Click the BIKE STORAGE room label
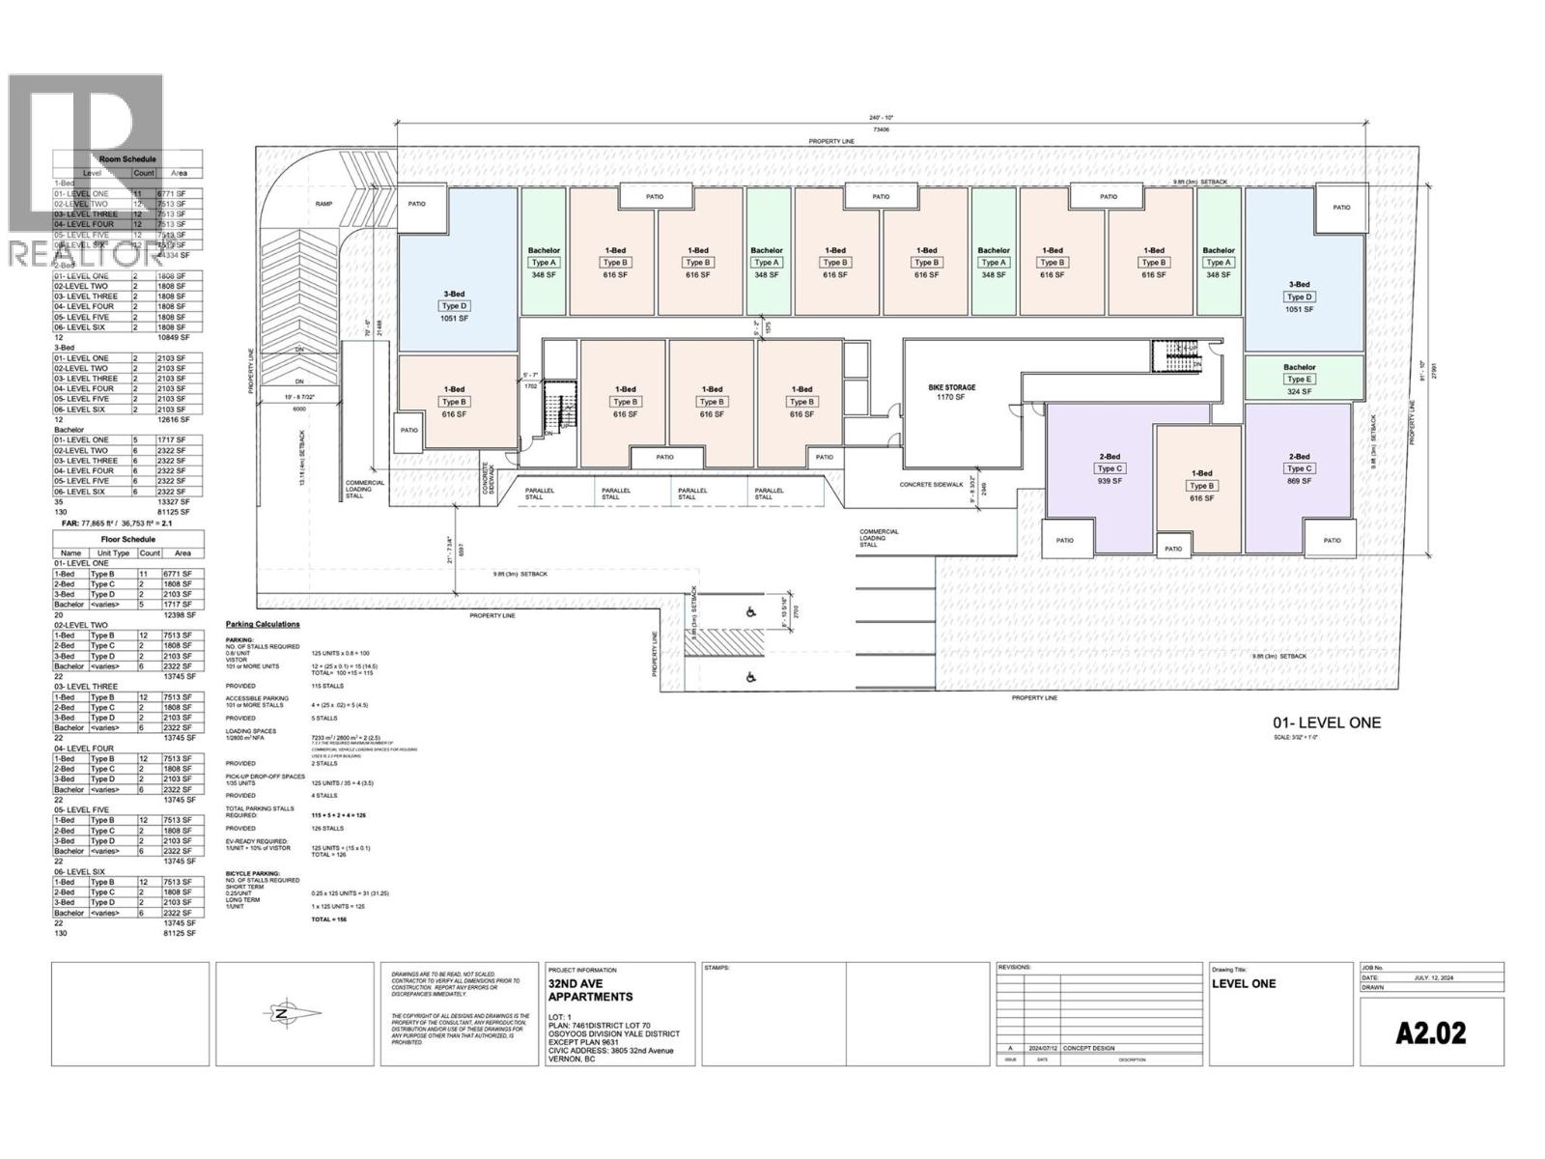pyautogui.click(x=951, y=387)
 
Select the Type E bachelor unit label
pyautogui.click(x=1299, y=380)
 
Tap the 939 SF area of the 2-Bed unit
pyautogui.click(x=1109, y=480)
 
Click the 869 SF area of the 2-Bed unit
pyautogui.click(x=1299, y=480)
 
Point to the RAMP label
pyautogui.click(x=323, y=204)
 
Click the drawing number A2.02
pyautogui.click(x=1431, y=1033)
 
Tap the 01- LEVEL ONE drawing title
pyautogui.click(x=1327, y=722)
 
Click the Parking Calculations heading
pyautogui.click(x=263, y=624)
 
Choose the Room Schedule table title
pyautogui.click(x=127, y=159)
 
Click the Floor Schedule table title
pyautogui.click(x=127, y=539)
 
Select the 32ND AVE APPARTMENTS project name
pyautogui.click(x=590, y=990)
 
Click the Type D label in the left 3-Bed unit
pyautogui.click(x=455, y=306)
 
